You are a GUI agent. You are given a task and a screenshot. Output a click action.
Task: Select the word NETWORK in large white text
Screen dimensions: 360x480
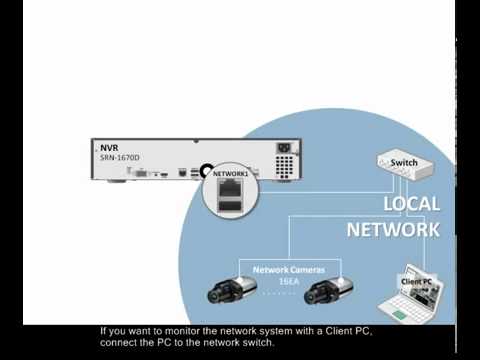393,229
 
